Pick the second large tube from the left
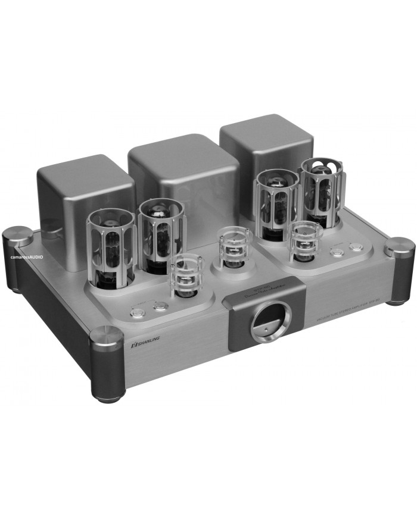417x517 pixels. (161, 234)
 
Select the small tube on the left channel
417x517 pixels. (187, 275)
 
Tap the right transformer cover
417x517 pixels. (266, 146)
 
